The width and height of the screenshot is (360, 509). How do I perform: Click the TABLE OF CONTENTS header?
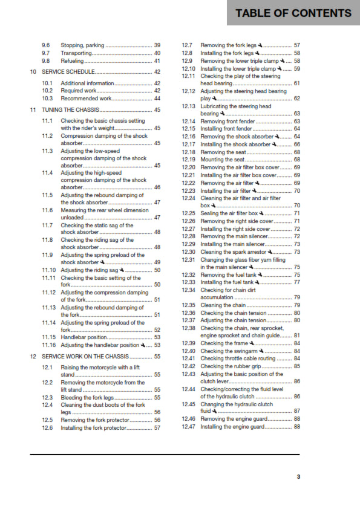pos(293,13)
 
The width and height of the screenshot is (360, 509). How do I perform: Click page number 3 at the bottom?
pos(298,476)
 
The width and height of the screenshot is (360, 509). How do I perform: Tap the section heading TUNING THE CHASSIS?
pos(70,110)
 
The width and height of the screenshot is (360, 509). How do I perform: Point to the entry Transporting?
pos(77,53)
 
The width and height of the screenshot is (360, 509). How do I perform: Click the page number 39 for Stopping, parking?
pos(157,45)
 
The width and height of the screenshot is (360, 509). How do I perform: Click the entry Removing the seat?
pos(223,152)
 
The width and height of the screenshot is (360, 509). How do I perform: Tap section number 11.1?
pos(47,121)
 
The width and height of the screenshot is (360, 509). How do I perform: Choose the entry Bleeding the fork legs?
pos(88,398)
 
